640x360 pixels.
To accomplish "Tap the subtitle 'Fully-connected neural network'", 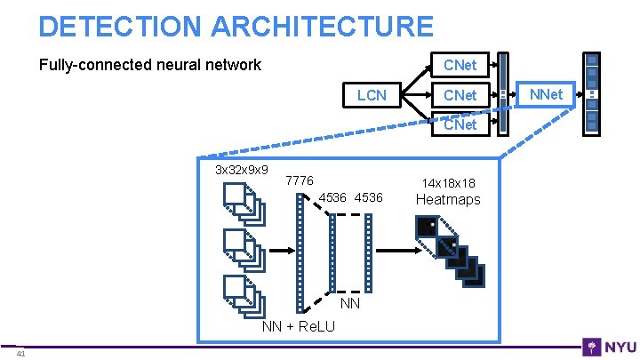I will click(x=149, y=65).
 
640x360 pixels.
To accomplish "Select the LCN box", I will click(x=372, y=95).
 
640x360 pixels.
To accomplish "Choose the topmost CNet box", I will click(x=460, y=65).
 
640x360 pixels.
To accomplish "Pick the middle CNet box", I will click(x=460, y=95).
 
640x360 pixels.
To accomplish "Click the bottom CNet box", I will click(x=460, y=124).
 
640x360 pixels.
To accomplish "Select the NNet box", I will click(x=546, y=93).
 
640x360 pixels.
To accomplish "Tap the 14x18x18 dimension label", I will click(x=448, y=182).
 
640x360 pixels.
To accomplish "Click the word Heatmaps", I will click(x=448, y=200).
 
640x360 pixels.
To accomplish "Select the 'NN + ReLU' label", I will click(x=299, y=326).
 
